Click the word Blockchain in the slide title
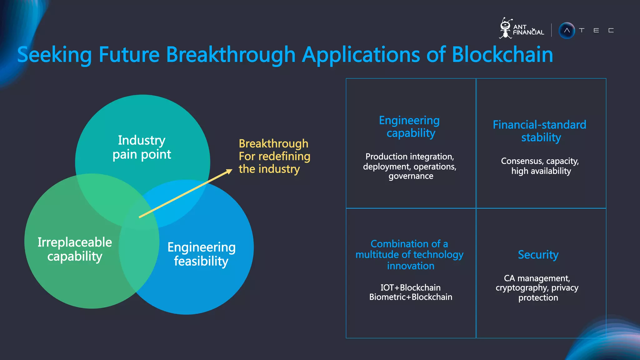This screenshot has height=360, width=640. tap(502, 55)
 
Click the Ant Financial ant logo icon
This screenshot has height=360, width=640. tap(505, 28)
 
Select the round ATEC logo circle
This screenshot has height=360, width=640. tap(567, 31)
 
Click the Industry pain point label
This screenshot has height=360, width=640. tap(142, 147)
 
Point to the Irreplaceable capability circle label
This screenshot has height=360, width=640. tap(75, 249)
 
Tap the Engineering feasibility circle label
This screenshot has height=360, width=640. tap(201, 254)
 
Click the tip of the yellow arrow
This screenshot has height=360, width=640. tap(231, 170)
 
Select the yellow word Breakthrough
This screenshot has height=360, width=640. tap(273, 143)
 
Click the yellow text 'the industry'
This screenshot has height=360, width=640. tap(269, 169)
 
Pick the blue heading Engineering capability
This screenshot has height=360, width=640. tap(410, 127)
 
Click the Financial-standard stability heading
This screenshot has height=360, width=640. tap(540, 131)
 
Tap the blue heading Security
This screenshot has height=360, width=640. tap(538, 255)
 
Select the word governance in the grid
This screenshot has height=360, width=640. tap(411, 176)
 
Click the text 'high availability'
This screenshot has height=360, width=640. tap(541, 171)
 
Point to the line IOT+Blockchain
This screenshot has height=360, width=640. tap(410, 287)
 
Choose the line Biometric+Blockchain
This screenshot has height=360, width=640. tap(410, 297)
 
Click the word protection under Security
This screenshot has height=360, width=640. tap(538, 297)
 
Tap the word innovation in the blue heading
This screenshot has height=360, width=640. tap(410, 266)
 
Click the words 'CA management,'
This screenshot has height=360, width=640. tap(537, 278)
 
